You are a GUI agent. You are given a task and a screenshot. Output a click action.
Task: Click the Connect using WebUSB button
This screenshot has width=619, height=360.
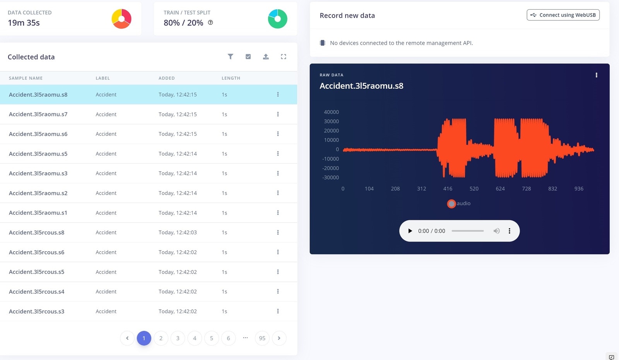pos(563,15)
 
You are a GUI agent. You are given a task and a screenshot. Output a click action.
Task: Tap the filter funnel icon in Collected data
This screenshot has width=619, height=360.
pos(231,57)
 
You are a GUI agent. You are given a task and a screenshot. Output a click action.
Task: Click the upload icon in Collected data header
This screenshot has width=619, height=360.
pos(266,57)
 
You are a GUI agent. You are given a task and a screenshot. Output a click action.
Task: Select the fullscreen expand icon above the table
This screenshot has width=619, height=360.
pos(284,57)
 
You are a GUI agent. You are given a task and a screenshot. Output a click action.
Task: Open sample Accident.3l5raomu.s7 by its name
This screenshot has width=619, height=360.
pos(38,114)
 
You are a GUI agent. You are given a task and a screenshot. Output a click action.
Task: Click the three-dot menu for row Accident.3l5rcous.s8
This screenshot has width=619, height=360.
pos(278,232)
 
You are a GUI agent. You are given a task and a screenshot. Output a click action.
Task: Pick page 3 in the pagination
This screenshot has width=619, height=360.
pos(178,338)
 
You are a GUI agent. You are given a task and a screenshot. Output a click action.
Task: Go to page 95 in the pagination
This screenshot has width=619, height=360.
pos(262,338)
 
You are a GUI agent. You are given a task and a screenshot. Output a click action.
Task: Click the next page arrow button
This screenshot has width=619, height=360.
pos(279,338)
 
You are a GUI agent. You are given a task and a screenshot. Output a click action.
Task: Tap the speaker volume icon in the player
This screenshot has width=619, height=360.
pos(496,231)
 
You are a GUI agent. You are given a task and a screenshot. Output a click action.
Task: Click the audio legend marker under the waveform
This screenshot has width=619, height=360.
pos(451,204)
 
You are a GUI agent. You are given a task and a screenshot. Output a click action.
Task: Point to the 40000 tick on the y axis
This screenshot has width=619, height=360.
pos(331,112)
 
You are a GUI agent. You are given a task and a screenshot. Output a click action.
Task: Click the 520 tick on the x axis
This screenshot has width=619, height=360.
pos(474,189)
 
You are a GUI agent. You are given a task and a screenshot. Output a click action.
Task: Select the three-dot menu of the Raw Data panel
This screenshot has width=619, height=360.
pos(596,75)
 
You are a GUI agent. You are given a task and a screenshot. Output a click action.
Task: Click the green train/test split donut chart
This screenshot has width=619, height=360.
pos(277,19)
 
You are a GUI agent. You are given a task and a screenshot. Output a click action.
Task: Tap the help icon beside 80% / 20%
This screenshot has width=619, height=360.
pos(210,22)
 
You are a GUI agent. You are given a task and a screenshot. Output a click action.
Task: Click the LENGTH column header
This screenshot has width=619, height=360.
pos(231,78)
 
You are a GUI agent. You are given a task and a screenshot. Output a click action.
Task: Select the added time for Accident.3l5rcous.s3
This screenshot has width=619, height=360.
pos(178,311)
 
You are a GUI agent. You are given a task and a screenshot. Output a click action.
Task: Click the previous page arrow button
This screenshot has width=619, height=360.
pos(127,338)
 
